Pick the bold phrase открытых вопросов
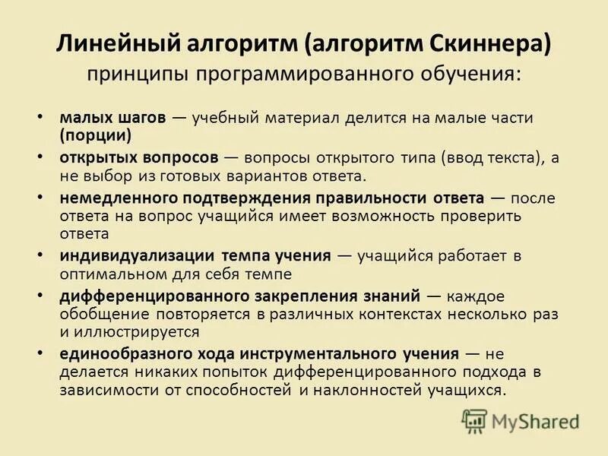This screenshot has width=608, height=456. (139, 157)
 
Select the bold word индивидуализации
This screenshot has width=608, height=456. (137, 255)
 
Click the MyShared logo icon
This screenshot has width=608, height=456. (475, 420)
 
